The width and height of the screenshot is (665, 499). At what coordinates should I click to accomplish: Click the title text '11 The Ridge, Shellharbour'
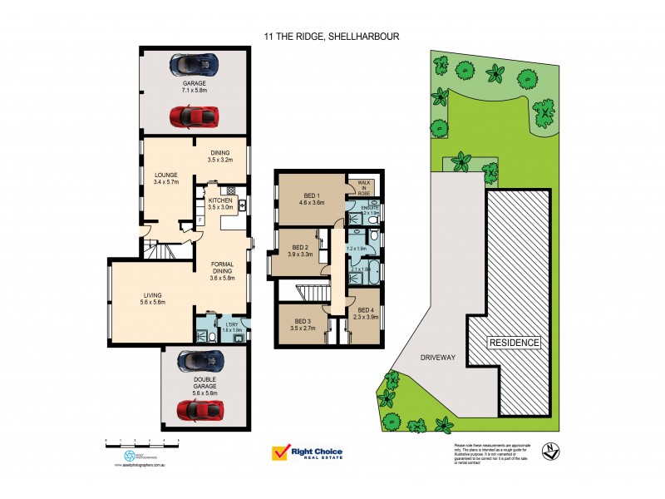coord(332,36)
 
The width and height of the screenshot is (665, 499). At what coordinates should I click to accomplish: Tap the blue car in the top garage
coord(194,64)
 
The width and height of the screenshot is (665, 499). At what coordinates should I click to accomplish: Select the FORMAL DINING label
coord(222,269)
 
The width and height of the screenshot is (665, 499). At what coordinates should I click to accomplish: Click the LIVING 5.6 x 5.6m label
coord(151,298)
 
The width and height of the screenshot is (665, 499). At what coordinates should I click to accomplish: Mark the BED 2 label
coord(299,250)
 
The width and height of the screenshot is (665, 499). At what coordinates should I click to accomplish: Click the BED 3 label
coord(303,324)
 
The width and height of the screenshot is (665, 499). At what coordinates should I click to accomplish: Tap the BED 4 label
coord(367,313)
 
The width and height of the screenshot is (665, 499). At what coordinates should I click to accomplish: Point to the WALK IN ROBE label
coord(363,186)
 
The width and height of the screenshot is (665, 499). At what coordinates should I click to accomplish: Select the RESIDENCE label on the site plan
coord(514,343)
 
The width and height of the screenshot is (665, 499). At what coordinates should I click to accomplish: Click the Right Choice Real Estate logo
coord(307,453)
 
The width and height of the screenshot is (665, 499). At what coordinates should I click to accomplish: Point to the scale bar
coord(142,442)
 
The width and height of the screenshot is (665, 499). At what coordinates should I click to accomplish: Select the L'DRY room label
coord(220,326)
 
